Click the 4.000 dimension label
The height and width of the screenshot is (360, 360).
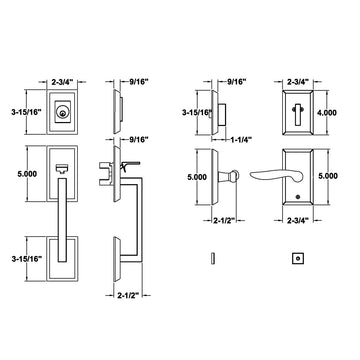click(327, 112)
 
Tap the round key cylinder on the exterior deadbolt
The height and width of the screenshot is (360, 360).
click(61, 112)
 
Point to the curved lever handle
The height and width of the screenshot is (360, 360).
click(276, 175)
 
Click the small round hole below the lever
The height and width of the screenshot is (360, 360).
click(297, 197)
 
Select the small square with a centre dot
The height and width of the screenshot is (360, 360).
click(298, 258)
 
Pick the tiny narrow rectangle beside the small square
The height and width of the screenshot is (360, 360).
click(213, 258)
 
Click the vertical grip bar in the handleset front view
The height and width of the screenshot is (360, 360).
click(62, 220)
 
